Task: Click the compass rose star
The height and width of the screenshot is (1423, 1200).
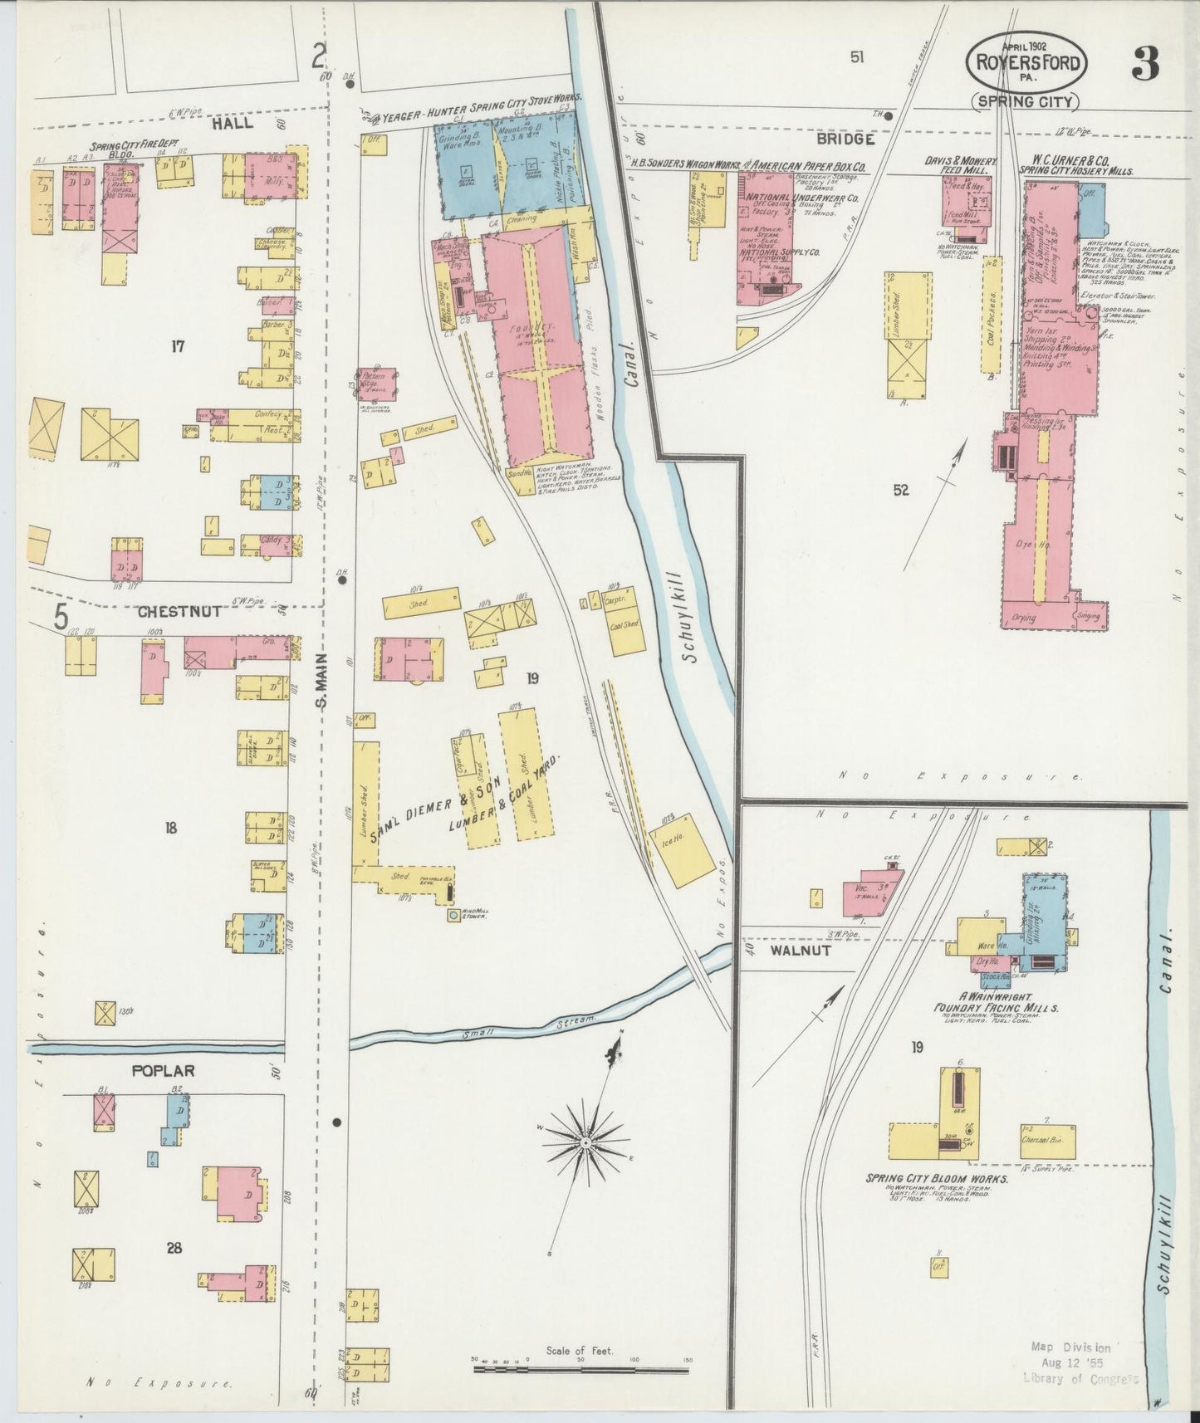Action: point(585,1143)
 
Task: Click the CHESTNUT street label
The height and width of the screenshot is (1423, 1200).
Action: point(179,612)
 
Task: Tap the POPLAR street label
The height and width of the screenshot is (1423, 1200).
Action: point(164,1071)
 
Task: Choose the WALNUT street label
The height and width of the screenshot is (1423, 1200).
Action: point(801,951)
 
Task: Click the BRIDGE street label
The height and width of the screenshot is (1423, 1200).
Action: point(845,139)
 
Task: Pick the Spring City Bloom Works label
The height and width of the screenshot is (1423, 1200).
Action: point(937,1179)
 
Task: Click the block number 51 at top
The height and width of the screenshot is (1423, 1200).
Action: point(858,57)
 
